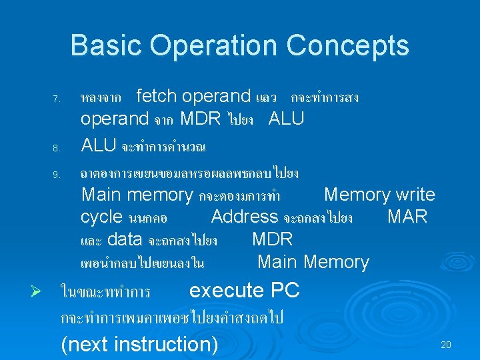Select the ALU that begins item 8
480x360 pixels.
click(x=99, y=145)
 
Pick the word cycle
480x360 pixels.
click(x=101, y=217)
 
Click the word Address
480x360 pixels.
click(x=244, y=217)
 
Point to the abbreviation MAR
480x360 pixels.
click(x=407, y=217)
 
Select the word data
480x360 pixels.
click(x=125, y=239)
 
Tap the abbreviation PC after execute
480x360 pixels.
click(x=285, y=290)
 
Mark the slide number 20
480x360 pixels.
click(x=446, y=345)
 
